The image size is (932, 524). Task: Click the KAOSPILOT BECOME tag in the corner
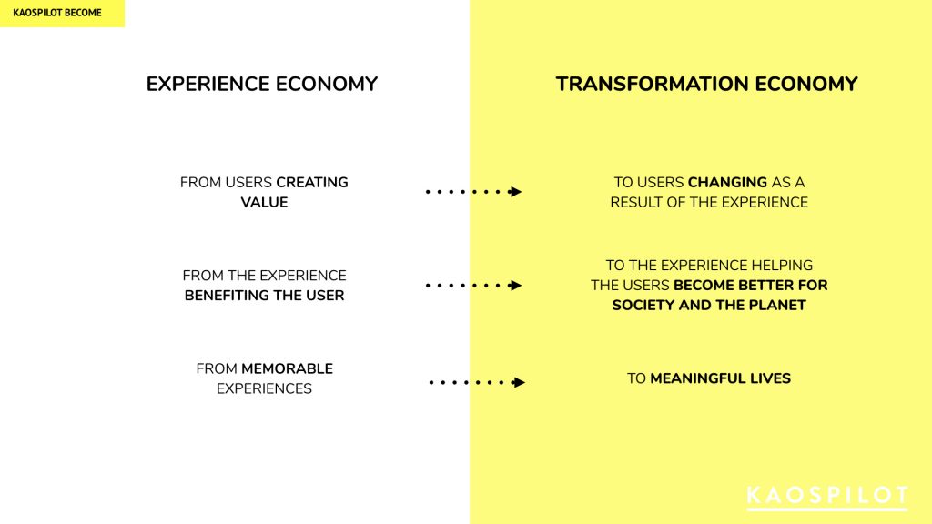pyautogui.click(x=57, y=13)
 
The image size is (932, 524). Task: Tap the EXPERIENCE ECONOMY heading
pyautogui.click(x=262, y=84)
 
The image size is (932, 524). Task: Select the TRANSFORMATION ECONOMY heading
pyautogui.click(x=706, y=84)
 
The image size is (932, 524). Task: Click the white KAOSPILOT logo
pyautogui.click(x=827, y=498)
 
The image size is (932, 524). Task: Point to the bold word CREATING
pyautogui.click(x=312, y=182)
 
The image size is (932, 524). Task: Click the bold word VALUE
pyautogui.click(x=265, y=202)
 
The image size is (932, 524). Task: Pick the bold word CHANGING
pyautogui.click(x=727, y=182)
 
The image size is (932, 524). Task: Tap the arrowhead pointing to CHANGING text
pyautogui.click(x=515, y=191)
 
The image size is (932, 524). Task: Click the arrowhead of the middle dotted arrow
pyautogui.click(x=515, y=285)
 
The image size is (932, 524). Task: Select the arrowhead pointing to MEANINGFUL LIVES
pyautogui.click(x=518, y=382)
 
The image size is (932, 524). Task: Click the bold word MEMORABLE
pyautogui.click(x=287, y=368)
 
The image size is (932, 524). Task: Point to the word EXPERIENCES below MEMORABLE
pyautogui.click(x=264, y=388)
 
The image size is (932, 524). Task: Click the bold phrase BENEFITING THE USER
pyautogui.click(x=265, y=296)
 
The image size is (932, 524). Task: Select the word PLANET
pyautogui.click(x=777, y=305)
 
